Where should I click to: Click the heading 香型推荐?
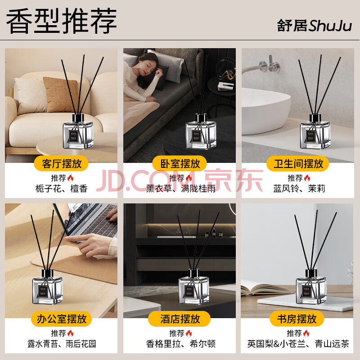click(x=62, y=21)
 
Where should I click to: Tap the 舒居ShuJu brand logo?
click(x=314, y=26)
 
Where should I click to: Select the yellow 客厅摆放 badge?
click(x=61, y=163)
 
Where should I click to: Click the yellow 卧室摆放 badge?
click(x=180, y=163)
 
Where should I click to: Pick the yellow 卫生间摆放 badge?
click(x=298, y=163)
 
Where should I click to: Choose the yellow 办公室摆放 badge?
click(x=61, y=319)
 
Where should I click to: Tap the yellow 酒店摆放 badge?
click(x=180, y=319)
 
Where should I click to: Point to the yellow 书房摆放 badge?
click(x=297, y=319)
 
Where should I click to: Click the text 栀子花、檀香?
click(x=62, y=189)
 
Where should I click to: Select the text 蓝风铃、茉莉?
click(x=299, y=189)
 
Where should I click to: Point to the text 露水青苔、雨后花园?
click(x=62, y=344)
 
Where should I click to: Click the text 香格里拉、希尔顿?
click(x=181, y=344)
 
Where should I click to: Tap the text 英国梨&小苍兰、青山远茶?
click(x=298, y=344)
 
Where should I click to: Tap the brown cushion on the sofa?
click(x=60, y=94)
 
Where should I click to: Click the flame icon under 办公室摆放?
click(x=71, y=333)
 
